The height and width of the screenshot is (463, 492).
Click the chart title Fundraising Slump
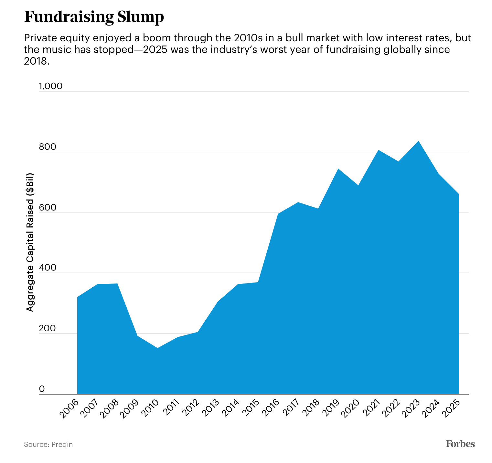click(x=94, y=17)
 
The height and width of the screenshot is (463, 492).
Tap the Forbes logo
click(x=460, y=444)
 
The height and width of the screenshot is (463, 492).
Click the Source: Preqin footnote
click(x=48, y=445)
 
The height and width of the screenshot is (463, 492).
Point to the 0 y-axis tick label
click(x=42, y=389)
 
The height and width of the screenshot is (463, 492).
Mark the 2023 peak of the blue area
click(x=418, y=141)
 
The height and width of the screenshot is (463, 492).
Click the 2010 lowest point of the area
click(x=157, y=348)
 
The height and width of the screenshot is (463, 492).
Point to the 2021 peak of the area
click(x=378, y=150)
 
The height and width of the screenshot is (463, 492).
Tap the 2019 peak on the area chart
click(x=338, y=169)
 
